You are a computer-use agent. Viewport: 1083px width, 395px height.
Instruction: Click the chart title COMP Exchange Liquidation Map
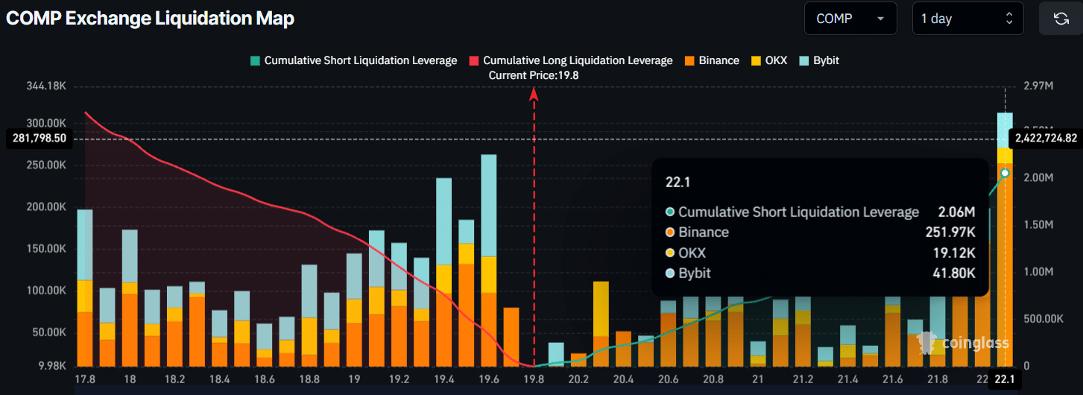[x=150, y=19]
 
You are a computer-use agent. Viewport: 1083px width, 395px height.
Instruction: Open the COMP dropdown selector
[x=850, y=19]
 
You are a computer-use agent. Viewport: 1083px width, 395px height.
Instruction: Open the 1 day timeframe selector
[x=967, y=19]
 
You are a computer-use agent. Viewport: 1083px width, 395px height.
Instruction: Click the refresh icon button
[x=1061, y=19]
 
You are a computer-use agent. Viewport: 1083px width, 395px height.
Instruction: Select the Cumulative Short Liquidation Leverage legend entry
[x=353, y=60]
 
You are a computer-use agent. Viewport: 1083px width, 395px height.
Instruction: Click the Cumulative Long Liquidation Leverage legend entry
[x=570, y=60]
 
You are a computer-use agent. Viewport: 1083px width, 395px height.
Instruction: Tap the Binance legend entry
[x=711, y=60]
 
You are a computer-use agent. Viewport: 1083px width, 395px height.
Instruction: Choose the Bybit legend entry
[x=818, y=60]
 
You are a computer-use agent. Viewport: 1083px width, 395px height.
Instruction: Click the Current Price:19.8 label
[x=534, y=75]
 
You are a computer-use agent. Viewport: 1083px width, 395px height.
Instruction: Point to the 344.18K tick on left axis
[x=48, y=86]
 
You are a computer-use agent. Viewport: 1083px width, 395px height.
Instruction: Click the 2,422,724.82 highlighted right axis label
[x=1046, y=138]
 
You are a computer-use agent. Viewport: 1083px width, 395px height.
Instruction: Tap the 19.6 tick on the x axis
[x=489, y=379]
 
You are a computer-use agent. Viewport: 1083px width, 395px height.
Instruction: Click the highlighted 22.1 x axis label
[x=1005, y=379]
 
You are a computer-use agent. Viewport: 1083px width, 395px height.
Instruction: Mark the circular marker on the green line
[x=1005, y=173]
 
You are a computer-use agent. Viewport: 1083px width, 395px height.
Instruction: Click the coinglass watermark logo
[x=963, y=343]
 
